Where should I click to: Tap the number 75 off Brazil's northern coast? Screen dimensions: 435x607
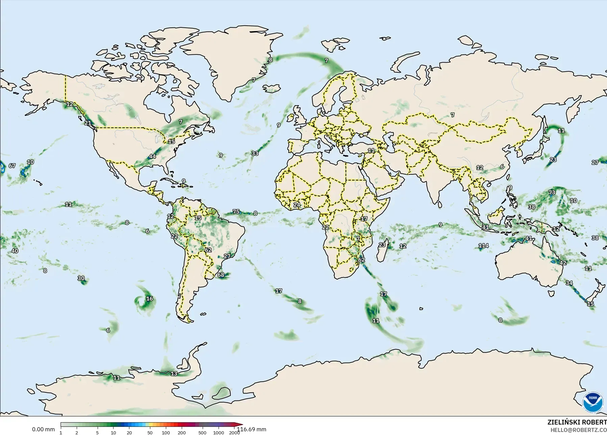click(x=236, y=212)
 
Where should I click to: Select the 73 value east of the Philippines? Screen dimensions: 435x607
click(x=552, y=193)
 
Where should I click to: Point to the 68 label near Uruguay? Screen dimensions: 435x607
click(x=221, y=275)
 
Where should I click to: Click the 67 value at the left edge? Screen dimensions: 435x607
click(x=12, y=166)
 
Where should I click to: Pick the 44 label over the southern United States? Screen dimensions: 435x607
click(x=152, y=156)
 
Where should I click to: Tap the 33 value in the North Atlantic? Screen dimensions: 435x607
click(x=255, y=153)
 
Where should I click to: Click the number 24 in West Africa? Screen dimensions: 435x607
click(x=297, y=205)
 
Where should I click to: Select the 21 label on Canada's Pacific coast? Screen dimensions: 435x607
click(x=87, y=123)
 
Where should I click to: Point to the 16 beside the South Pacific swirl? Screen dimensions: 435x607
click(x=149, y=299)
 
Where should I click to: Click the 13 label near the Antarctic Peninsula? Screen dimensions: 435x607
click(x=174, y=373)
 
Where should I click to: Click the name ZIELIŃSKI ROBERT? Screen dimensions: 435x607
click(x=577, y=422)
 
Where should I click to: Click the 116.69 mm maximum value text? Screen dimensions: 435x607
click(x=252, y=430)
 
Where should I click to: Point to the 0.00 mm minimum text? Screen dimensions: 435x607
click(x=43, y=430)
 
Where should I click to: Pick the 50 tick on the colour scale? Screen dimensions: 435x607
click(x=150, y=433)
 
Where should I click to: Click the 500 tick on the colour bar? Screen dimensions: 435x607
click(x=202, y=433)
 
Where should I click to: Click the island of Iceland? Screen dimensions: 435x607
click(x=272, y=88)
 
